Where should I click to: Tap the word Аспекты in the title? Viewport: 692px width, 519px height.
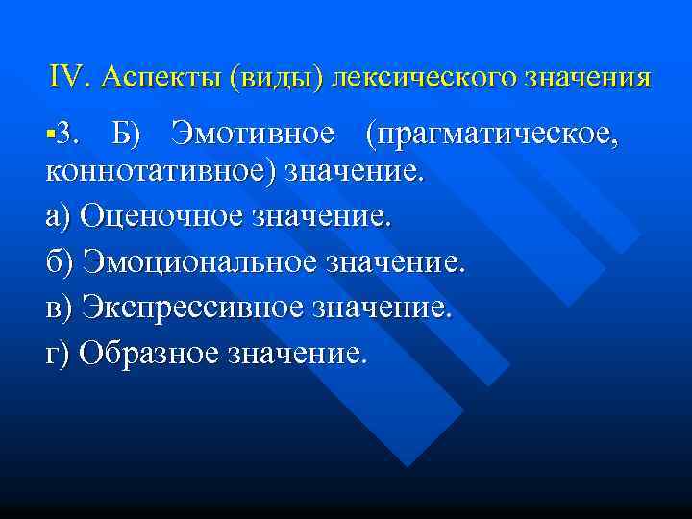pos(159,77)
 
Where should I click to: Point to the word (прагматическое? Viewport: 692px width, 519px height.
pos(490,134)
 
